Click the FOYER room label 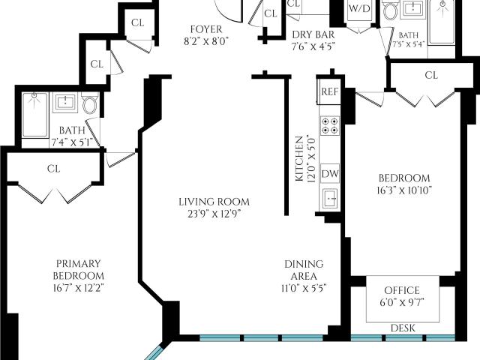tap(206, 29)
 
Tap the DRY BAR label tap(313, 34)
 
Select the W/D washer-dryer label tap(359, 8)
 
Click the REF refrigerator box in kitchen tap(329, 91)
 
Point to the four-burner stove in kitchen tap(330, 125)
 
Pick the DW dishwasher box tap(330, 173)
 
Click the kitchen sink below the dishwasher tap(330, 199)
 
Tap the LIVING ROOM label tap(214, 202)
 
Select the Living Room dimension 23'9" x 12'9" tap(214, 214)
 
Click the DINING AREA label tap(304, 270)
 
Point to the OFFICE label tap(402, 290)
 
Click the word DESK tap(403, 328)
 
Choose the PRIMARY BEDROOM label tap(78, 270)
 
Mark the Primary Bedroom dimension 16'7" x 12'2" tap(78, 288)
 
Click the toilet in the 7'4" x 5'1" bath tap(89, 104)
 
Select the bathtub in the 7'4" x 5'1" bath tap(35, 115)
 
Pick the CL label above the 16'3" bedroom tap(431, 75)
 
